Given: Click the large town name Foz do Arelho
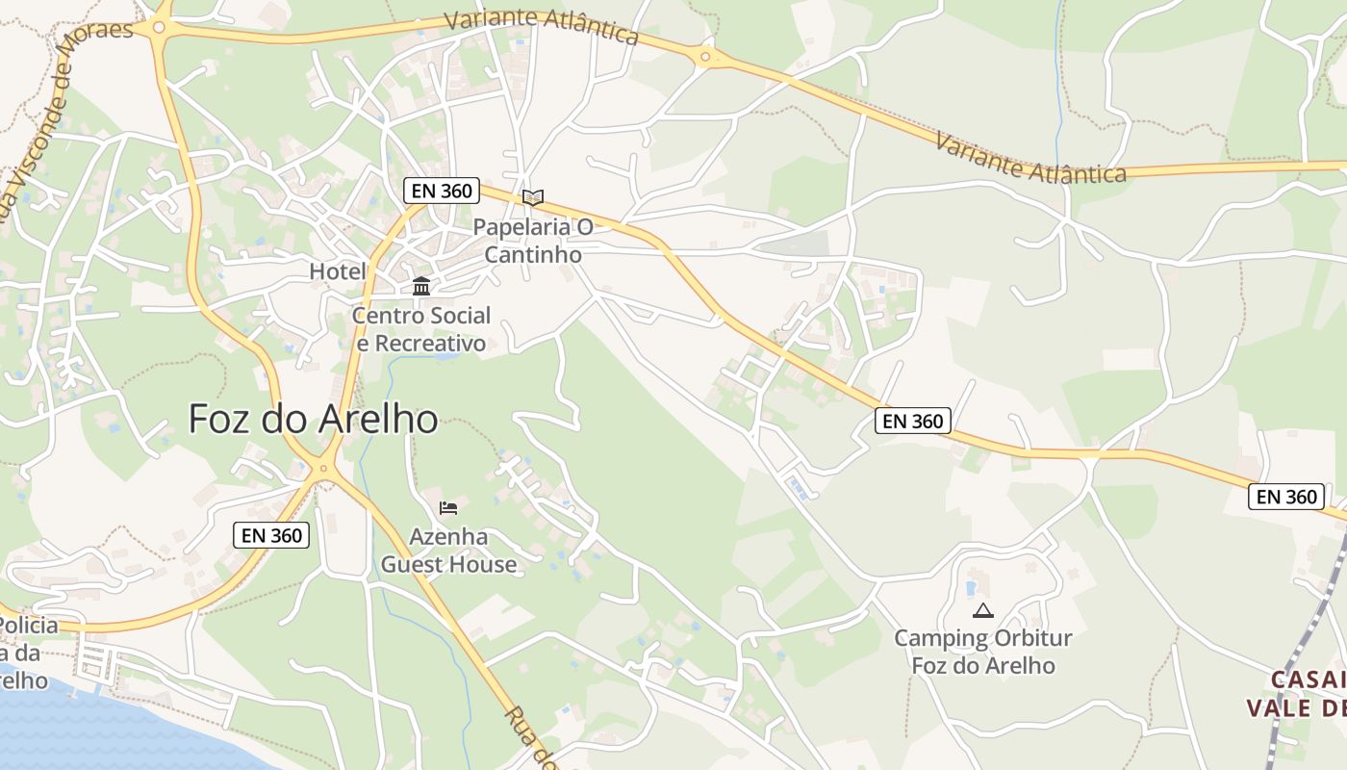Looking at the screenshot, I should pyautogui.click(x=313, y=419).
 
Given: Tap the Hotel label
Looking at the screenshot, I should pyautogui.click(x=338, y=271).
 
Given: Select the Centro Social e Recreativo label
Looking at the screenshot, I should pyautogui.click(x=421, y=329).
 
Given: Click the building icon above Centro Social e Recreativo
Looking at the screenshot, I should pyautogui.click(x=421, y=287).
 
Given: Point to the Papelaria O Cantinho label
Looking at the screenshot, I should pyautogui.click(x=533, y=241).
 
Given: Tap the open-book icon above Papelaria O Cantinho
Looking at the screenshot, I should pyautogui.click(x=533, y=197).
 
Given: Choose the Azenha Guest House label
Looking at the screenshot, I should pyautogui.click(x=448, y=551).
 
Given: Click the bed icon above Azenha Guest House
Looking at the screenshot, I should pyautogui.click(x=448, y=508).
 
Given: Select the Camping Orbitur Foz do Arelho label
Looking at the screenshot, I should pyautogui.click(x=982, y=652).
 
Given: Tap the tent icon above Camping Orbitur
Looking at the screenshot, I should pyautogui.click(x=982, y=610).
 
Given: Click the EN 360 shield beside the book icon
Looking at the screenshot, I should pyautogui.click(x=442, y=191).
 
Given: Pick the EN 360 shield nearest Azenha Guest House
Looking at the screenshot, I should pyautogui.click(x=271, y=535).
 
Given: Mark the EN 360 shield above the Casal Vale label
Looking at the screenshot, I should pyautogui.click(x=1286, y=497).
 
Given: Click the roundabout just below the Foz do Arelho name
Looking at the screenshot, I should pyautogui.click(x=324, y=469).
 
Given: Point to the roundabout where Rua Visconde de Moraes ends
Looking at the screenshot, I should pyautogui.click(x=159, y=28).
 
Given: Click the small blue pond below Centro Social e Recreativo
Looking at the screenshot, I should pyautogui.click(x=445, y=356).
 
